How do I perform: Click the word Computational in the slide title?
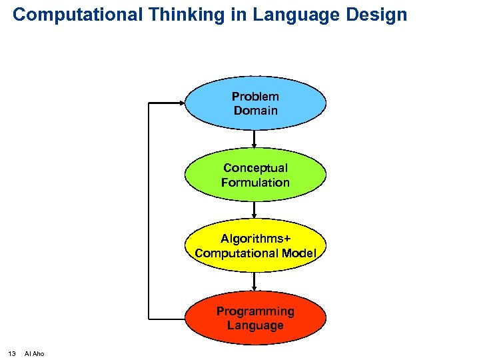[x=77, y=15]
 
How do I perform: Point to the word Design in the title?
[x=376, y=15]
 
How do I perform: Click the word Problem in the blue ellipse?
[x=256, y=97]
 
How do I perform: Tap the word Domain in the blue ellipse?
[x=256, y=111]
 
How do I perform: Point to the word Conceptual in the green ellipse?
[x=256, y=168]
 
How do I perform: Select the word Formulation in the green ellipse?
[x=256, y=182]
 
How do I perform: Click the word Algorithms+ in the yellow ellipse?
[x=256, y=239]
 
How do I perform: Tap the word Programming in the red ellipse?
[x=255, y=311]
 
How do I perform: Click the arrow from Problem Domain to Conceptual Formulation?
[x=255, y=139]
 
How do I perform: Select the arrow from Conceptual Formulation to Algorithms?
[x=255, y=210]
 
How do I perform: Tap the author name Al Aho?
[x=34, y=353]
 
